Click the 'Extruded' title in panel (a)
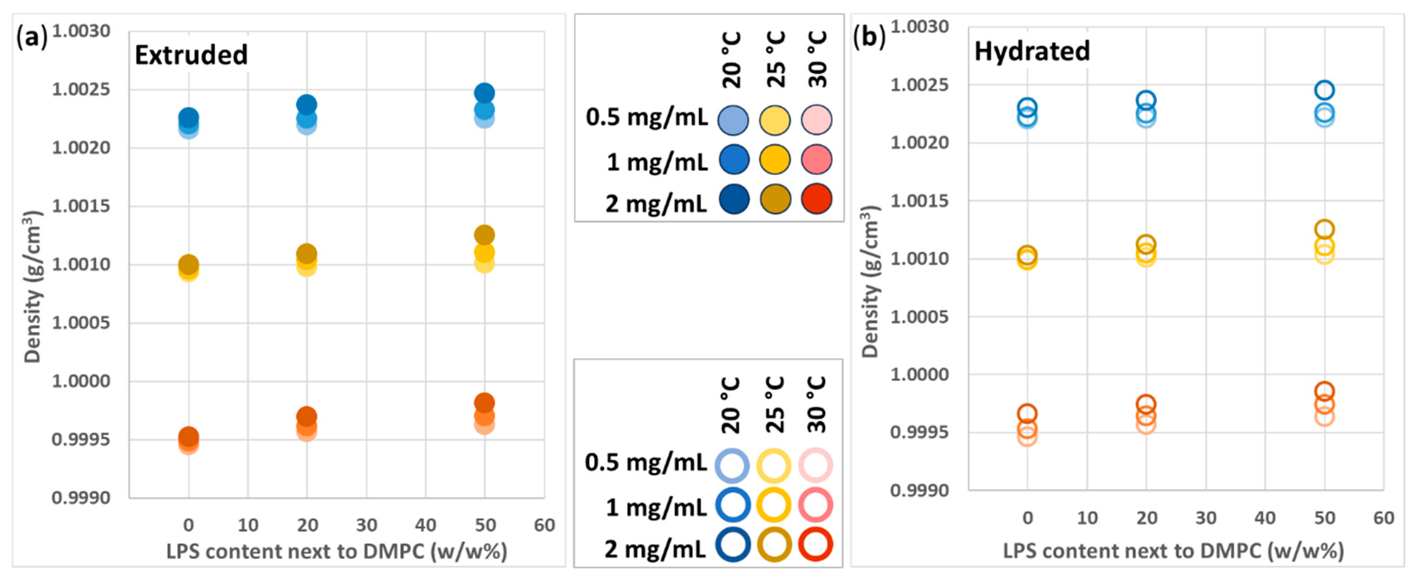[191, 55]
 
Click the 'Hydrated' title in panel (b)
[1032, 51]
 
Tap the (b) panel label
[869, 37]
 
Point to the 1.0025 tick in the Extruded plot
[81, 89]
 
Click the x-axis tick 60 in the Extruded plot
[544, 525]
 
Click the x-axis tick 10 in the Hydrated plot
[1087, 518]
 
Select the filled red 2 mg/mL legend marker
[816, 199]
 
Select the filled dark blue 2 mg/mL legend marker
[733, 199]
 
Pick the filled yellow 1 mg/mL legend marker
[775, 160]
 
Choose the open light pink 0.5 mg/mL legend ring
[815, 465]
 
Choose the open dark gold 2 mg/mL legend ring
[774, 545]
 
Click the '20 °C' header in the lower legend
[731, 404]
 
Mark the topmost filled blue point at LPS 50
[484, 93]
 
